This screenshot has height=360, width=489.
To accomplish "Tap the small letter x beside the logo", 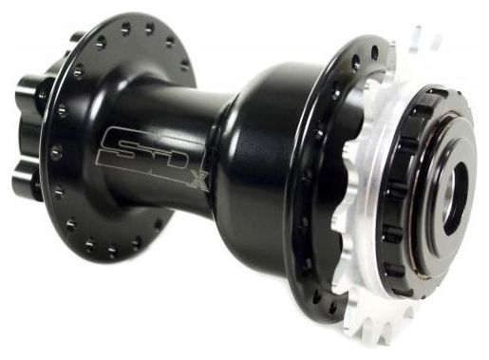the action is (x=199, y=181).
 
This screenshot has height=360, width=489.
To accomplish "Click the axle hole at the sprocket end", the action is (x=455, y=199).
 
